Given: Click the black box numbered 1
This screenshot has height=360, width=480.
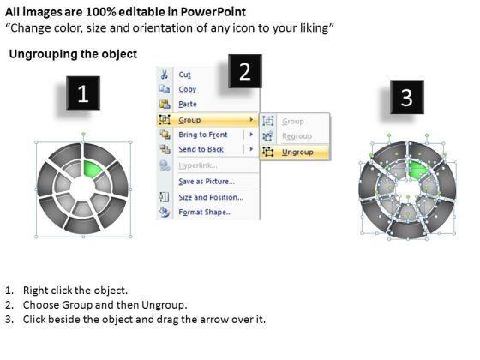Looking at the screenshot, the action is coord(83,93).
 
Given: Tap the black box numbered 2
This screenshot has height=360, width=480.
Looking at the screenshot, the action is coord(245,71).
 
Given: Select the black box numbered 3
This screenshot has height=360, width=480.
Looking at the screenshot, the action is coord(407,97).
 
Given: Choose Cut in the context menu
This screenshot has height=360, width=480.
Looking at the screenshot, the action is coord(184,75).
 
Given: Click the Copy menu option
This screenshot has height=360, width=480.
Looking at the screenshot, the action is coord(188,89).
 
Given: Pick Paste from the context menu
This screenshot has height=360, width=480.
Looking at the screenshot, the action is coord(188,104).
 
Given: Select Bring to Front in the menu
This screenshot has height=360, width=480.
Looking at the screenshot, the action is coord(203,135).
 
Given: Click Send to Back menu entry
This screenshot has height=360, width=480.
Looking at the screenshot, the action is coord(201,149).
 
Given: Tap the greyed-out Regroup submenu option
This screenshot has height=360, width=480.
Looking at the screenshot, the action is coord(297,136).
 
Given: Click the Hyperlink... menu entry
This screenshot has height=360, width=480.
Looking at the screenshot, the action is coord(198,165).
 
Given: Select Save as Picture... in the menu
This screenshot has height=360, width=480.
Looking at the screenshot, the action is coord(207,182).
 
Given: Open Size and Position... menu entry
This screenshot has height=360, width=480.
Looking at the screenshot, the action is coord(211,197).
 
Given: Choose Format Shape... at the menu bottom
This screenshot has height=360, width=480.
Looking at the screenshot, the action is coord(205,213).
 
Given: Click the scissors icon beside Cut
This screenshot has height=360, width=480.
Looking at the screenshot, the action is coord(165,75).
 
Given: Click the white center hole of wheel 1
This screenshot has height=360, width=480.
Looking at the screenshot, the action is coord(82,189).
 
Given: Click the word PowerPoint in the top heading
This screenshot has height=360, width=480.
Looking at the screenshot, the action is coord(213,12).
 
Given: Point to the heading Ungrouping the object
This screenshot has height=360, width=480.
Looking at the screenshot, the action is coord(73,54).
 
